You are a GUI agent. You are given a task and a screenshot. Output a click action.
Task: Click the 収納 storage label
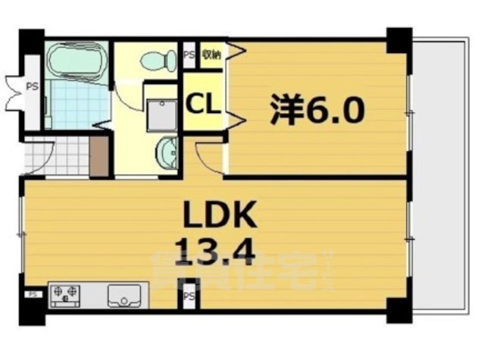(x=211, y=55)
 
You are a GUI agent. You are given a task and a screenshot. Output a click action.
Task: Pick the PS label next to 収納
(x=189, y=55)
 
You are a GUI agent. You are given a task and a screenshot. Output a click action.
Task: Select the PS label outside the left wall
(x=33, y=86)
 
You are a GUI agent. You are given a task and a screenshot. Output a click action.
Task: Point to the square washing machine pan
(x=159, y=114)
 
